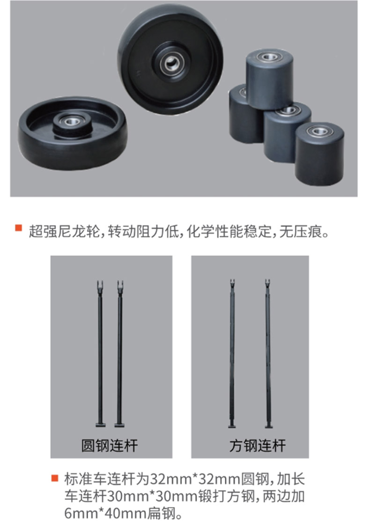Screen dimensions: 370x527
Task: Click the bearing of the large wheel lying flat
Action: click(x=71, y=121)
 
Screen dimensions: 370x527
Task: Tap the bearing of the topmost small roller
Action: click(x=269, y=57)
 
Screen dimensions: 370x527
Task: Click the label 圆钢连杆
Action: click(x=110, y=445)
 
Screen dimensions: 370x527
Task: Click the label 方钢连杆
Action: click(x=258, y=445)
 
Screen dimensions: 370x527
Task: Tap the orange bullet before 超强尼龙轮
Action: click(x=18, y=227)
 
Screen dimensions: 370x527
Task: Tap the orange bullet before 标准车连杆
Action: click(x=55, y=477)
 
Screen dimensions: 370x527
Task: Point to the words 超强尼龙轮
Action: click(x=64, y=231)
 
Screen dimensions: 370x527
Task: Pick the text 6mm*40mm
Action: click(x=106, y=513)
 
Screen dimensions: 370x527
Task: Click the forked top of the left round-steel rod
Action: click(x=100, y=286)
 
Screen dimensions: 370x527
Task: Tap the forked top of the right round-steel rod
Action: click(x=120, y=286)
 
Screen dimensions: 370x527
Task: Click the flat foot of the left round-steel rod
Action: click(x=100, y=425)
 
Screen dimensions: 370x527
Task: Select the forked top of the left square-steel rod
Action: click(x=232, y=285)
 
